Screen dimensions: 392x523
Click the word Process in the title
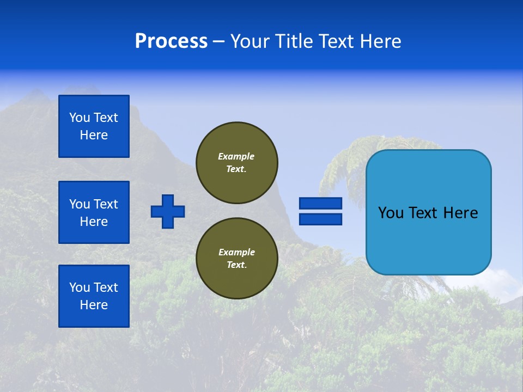point(171,41)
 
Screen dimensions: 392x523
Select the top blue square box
point(94,126)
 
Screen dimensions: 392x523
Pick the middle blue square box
point(94,212)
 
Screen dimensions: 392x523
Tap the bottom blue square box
point(94,296)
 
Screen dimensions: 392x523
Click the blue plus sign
point(168,211)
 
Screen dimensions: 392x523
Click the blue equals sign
point(320,211)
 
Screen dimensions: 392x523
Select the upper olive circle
point(237,162)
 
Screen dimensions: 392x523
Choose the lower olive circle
point(237,258)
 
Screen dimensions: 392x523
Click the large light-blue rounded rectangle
point(428,212)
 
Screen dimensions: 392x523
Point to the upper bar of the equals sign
point(320,203)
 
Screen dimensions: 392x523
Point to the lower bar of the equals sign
point(320,219)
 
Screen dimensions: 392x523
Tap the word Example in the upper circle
point(236,156)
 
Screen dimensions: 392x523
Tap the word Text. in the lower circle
point(236,265)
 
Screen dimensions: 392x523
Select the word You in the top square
point(80,118)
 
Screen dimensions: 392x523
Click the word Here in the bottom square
point(94,305)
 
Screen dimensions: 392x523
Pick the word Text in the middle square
point(106,204)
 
